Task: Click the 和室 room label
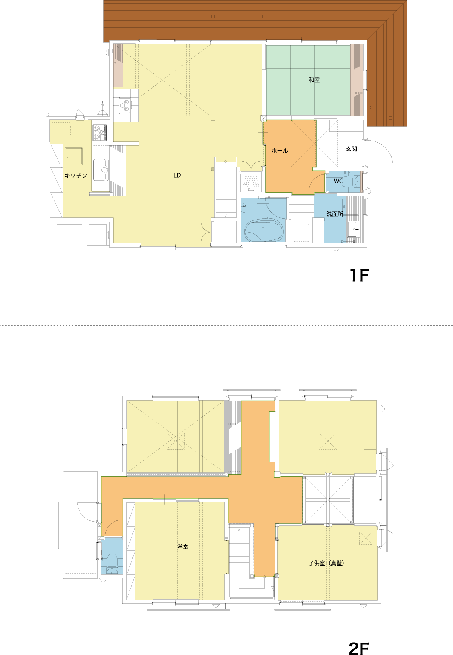coord(314,80)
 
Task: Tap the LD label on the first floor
coord(177,175)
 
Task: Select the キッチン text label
coord(76,175)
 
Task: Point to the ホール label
coord(280,151)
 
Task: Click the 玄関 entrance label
coord(352,149)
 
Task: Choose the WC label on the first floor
coord(338,181)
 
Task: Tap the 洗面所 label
coord(335,214)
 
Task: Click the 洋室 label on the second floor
coord(183,547)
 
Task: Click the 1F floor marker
coord(359,275)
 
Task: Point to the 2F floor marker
coord(358,649)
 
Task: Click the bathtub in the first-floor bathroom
coord(263,229)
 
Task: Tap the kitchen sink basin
coord(101,170)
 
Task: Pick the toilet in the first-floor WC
coord(353,181)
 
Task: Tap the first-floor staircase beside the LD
coord(226,188)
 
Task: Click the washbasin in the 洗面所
coord(354,229)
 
